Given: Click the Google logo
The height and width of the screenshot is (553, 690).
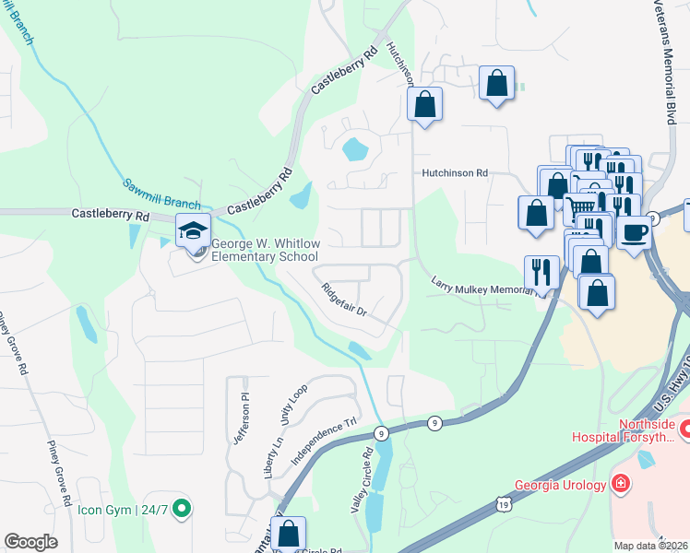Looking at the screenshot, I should [30, 542].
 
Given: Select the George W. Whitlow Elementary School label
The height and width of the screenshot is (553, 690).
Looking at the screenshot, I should [264, 250].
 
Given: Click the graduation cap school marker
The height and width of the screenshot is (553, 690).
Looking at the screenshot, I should [194, 230].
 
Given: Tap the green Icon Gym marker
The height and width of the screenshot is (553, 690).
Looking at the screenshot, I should [182, 506].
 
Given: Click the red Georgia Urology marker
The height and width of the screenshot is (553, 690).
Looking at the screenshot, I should [622, 484].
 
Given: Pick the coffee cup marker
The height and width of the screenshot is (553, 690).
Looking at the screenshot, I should [634, 231].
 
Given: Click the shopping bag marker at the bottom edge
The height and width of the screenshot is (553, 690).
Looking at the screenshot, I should [289, 533].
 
